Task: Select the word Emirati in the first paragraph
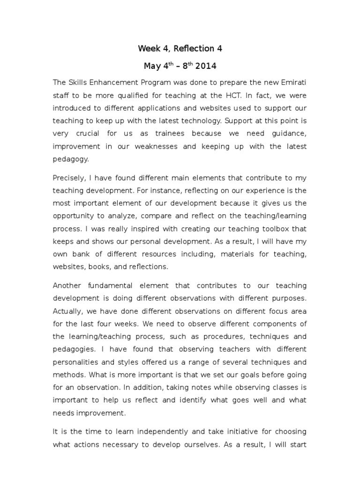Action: point(292,82)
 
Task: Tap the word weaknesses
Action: point(156,146)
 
